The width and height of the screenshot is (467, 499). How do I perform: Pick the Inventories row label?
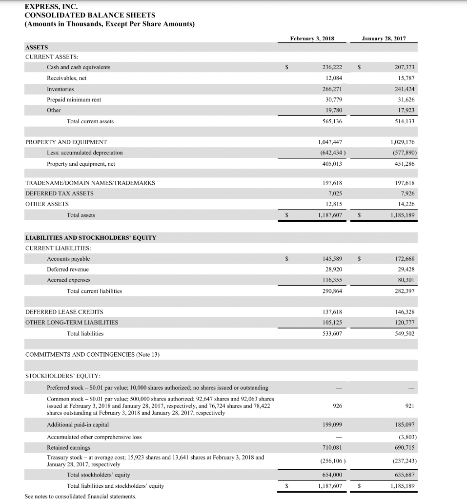pos(60,89)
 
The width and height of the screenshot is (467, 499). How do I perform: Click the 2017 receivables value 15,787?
pos(404,78)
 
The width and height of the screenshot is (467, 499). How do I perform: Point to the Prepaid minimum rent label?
pos(74,100)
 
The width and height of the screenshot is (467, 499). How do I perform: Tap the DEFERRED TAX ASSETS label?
pos(59,193)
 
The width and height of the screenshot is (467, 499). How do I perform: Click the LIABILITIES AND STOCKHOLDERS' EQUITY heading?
pos(90,238)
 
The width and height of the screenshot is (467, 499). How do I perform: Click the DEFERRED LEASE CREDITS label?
pos(64,311)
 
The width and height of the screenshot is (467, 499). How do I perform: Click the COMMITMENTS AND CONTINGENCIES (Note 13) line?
pos(92,354)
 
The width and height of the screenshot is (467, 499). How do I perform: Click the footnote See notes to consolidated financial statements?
pos(81,496)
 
